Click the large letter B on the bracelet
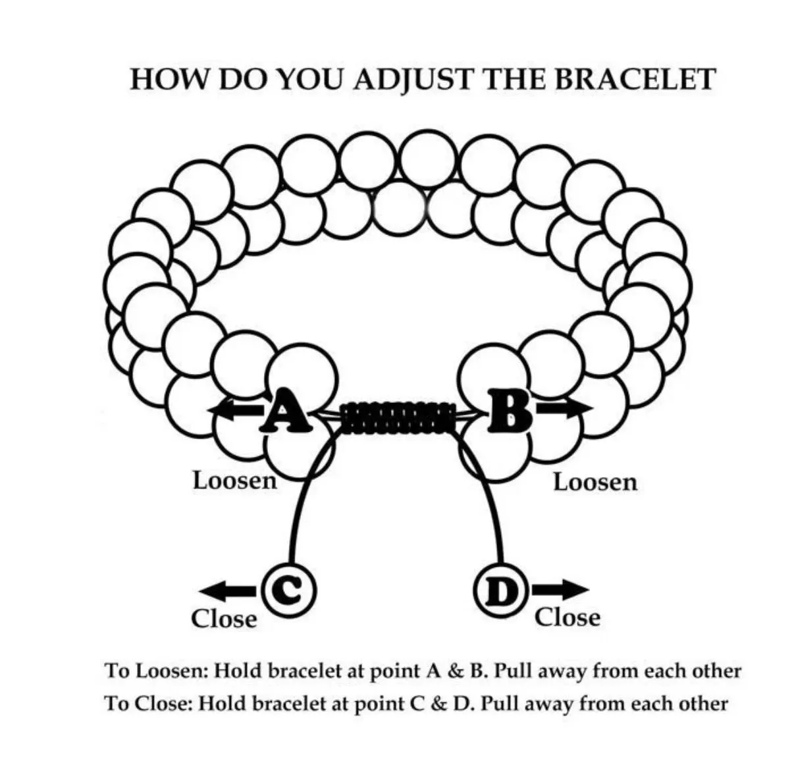[x=510, y=410]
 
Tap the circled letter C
[x=290, y=591]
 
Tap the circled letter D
[x=502, y=591]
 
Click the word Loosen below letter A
[x=234, y=481]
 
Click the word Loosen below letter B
[x=595, y=483]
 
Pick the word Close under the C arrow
[x=224, y=619]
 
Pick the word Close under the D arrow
[x=568, y=618]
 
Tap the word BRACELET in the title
[x=635, y=79]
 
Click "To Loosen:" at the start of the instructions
[x=157, y=671]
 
